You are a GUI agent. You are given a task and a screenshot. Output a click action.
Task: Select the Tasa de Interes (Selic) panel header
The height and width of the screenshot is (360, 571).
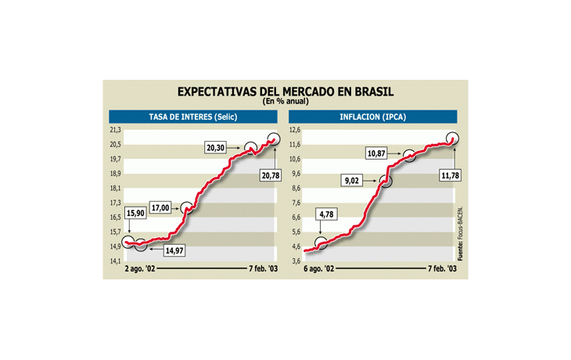pyautogui.click(x=193, y=117)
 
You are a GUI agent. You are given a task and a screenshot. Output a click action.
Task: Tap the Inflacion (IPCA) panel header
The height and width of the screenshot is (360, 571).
pyautogui.click(x=372, y=117)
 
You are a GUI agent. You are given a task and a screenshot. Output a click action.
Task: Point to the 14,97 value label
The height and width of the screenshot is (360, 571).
pyautogui.click(x=178, y=250)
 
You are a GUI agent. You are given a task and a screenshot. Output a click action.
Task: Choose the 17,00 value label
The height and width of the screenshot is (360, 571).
pyautogui.click(x=160, y=208)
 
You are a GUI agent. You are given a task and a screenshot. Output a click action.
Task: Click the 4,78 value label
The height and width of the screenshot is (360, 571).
pyautogui.click(x=327, y=213)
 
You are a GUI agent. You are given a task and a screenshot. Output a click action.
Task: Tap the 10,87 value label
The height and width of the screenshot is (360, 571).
pyautogui.click(x=377, y=153)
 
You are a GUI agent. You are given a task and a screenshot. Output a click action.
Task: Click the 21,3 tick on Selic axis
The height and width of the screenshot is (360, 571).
pyautogui.click(x=114, y=130)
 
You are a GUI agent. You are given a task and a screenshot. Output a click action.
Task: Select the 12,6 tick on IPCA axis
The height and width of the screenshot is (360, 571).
pyautogui.click(x=294, y=130)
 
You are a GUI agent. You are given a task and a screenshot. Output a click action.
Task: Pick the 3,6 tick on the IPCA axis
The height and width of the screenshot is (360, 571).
pyautogui.click(x=295, y=261)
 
